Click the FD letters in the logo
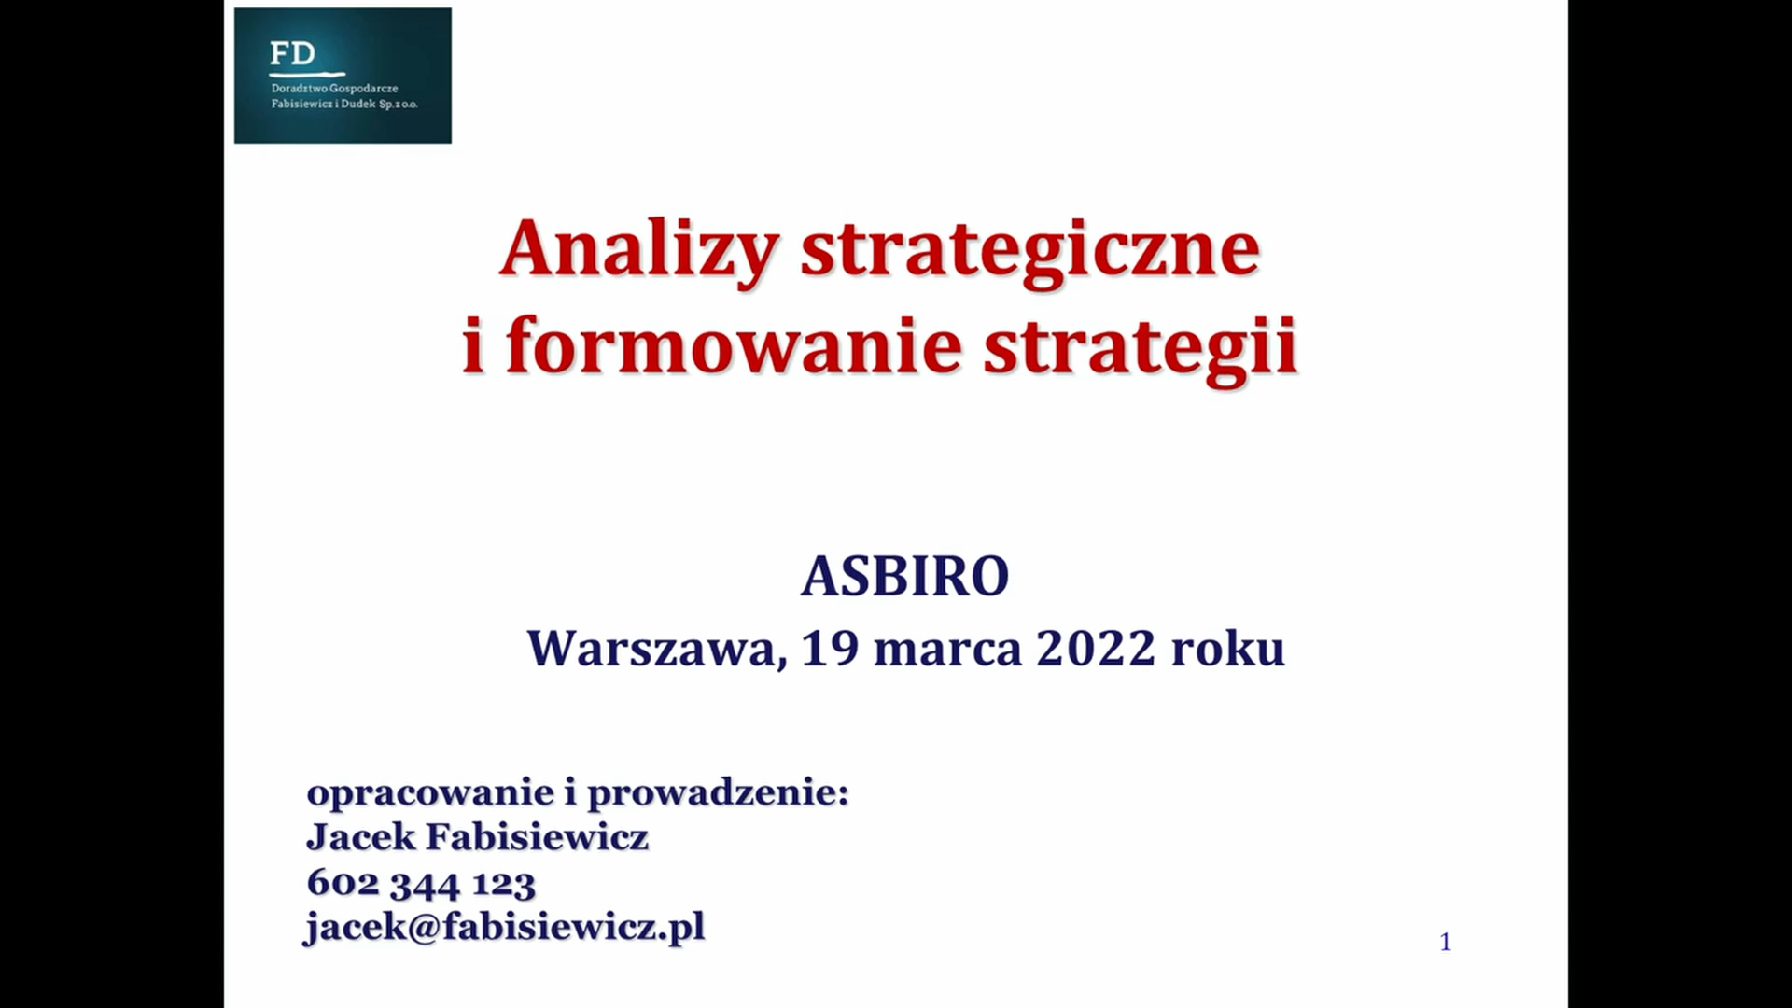(x=292, y=53)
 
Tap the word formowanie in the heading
(x=734, y=345)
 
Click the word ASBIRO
(x=905, y=576)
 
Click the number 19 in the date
(x=830, y=648)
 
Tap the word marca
(x=947, y=650)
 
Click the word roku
(x=1228, y=648)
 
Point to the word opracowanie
(x=430, y=794)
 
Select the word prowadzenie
(x=718, y=792)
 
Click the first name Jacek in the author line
(x=361, y=837)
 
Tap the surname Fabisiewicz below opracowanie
(x=537, y=837)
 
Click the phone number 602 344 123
(x=421, y=883)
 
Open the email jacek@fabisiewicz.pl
(x=505, y=928)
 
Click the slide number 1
(x=1446, y=942)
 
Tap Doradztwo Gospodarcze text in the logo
(x=334, y=89)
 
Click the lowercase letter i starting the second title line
(x=473, y=345)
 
